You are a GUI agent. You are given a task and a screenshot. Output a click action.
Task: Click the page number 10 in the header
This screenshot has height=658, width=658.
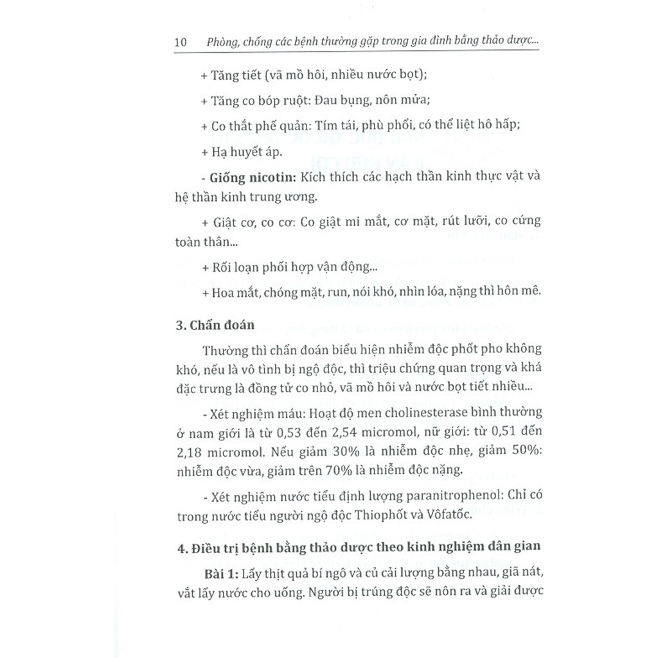(x=180, y=42)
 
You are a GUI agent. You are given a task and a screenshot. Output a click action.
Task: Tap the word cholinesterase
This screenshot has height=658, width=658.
(x=404, y=411)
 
